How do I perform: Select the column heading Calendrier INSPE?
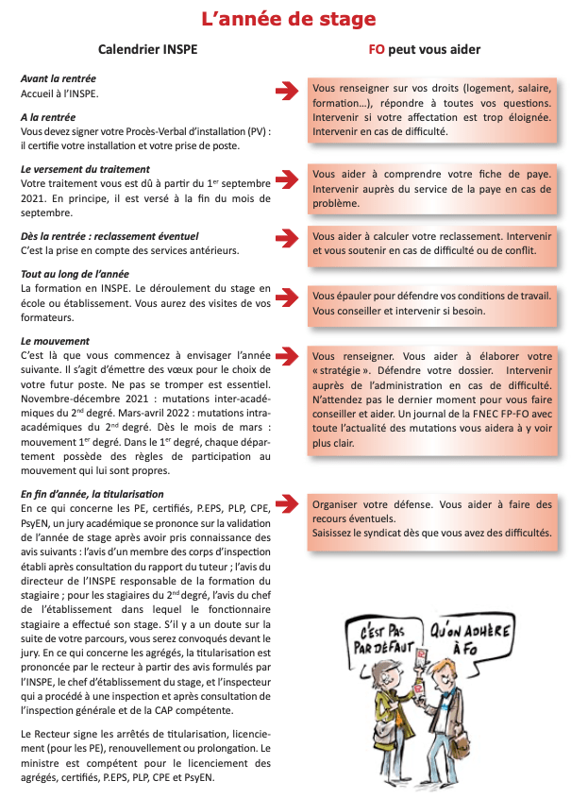tap(148, 49)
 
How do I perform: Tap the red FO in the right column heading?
tap(376, 49)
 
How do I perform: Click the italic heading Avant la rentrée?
tap(58, 78)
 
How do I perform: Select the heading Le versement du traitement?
tap(85, 169)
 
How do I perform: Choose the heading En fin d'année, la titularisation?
tap(92, 494)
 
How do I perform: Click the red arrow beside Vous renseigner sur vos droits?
tap(285, 91)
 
